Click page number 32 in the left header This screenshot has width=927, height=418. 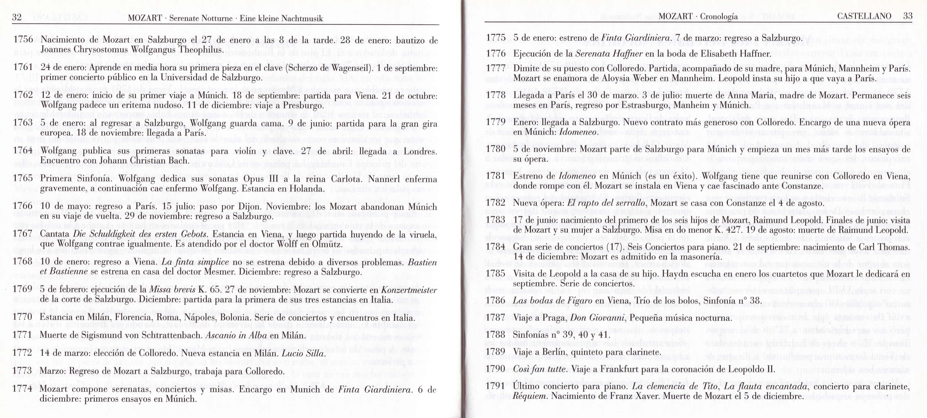16,17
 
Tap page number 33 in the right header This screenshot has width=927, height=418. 908,16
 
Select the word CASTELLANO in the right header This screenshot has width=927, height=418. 864,16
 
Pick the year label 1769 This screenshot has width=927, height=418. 23,290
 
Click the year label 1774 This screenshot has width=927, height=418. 22,389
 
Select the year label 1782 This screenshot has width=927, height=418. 496,203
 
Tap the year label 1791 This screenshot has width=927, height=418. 496,386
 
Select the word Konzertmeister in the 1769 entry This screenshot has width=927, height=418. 409,290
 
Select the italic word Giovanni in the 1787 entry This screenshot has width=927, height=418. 609,318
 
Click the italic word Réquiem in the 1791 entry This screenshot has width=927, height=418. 530,396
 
